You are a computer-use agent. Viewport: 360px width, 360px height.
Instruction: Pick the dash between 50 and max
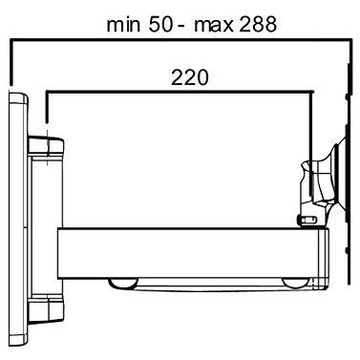184,24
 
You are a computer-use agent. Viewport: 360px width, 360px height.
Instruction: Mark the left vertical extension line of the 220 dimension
47,110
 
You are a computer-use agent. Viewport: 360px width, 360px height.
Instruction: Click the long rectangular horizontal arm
191,251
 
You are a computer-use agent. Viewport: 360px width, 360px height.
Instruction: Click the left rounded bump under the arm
124,283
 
